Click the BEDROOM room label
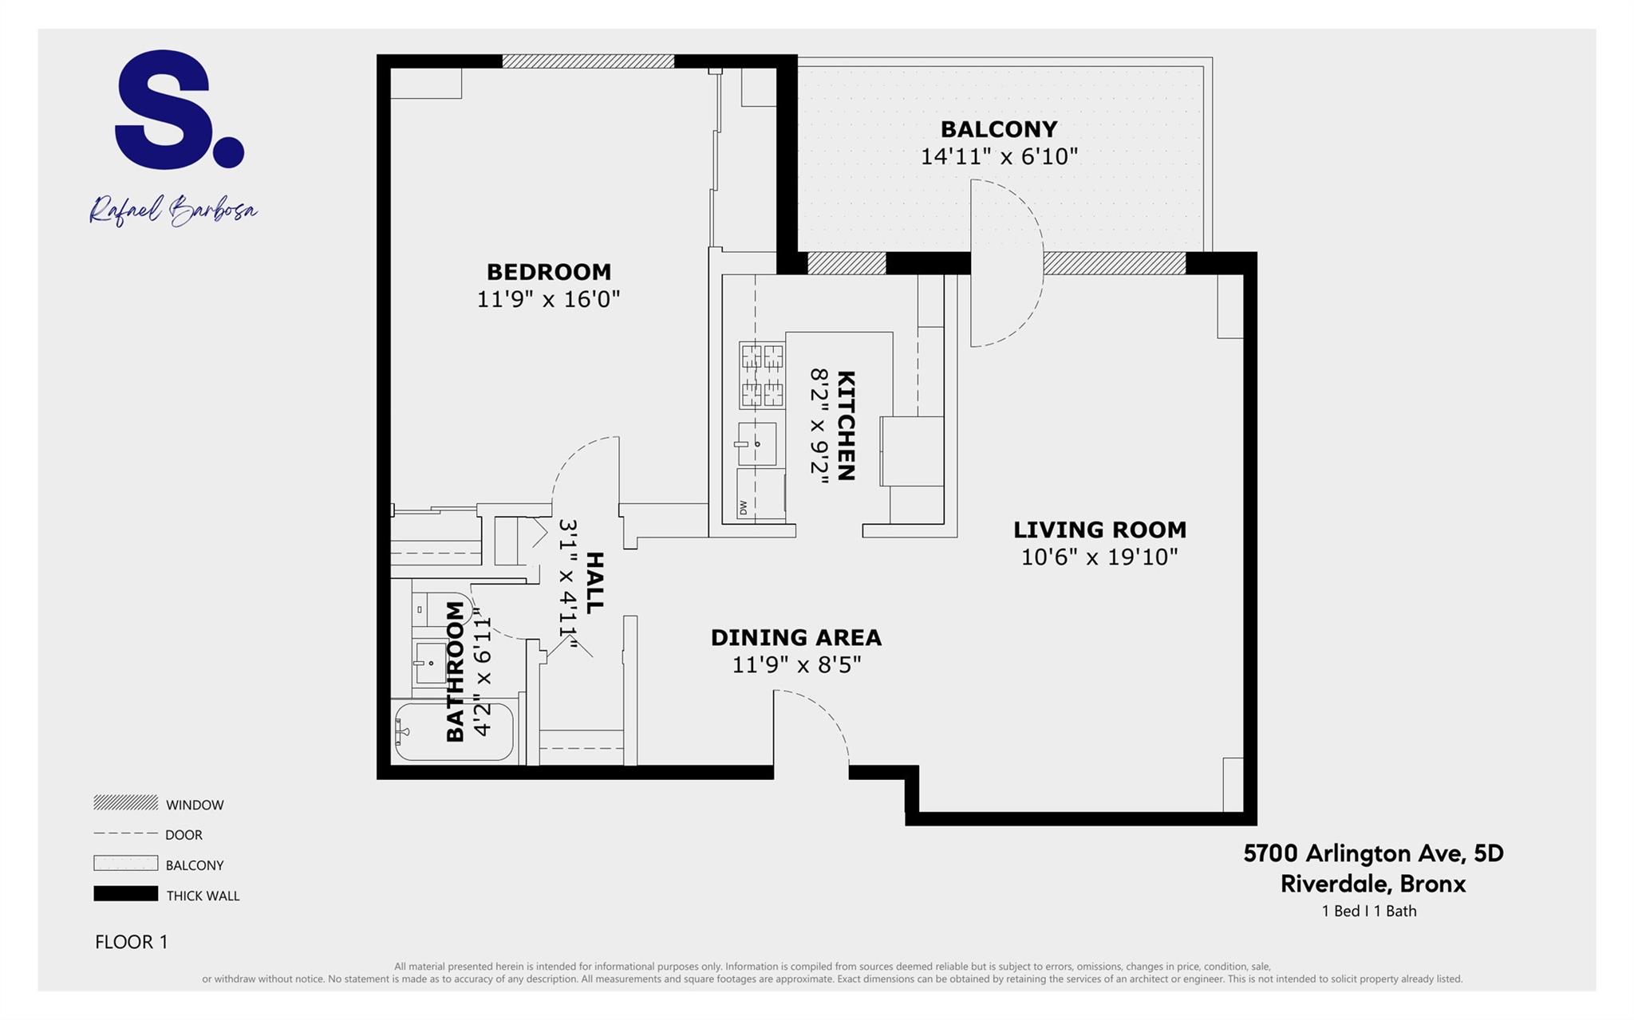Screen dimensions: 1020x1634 (x=549, y=272)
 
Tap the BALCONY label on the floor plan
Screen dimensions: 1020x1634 (x=999, y=129)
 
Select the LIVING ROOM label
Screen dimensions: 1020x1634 (x=1099, y=530)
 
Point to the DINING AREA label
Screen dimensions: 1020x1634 (x=796, y=637)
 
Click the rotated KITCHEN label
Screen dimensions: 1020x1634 (x=846, y=425)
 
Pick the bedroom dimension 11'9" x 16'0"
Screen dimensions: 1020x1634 (x=549, y=299)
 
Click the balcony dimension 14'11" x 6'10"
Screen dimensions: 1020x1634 (x=999, y=156)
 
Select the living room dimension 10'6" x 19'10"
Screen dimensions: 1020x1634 (x=1099, y=557)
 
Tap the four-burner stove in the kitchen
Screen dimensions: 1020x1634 (x=761, y=374)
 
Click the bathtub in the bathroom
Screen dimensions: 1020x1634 (x=454, y=731)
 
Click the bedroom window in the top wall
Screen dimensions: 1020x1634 (x=588, y=61)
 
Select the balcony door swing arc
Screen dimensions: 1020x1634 (x=1007, y=263)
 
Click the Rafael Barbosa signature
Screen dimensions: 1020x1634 (x=173, y=211)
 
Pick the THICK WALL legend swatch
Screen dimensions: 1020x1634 (x=125, y=894)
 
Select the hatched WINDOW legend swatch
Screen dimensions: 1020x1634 (x=125, y=802)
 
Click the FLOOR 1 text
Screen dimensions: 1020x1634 (x=132, y=942)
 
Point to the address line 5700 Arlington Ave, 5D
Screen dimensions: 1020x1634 (x=1373, y=853)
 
